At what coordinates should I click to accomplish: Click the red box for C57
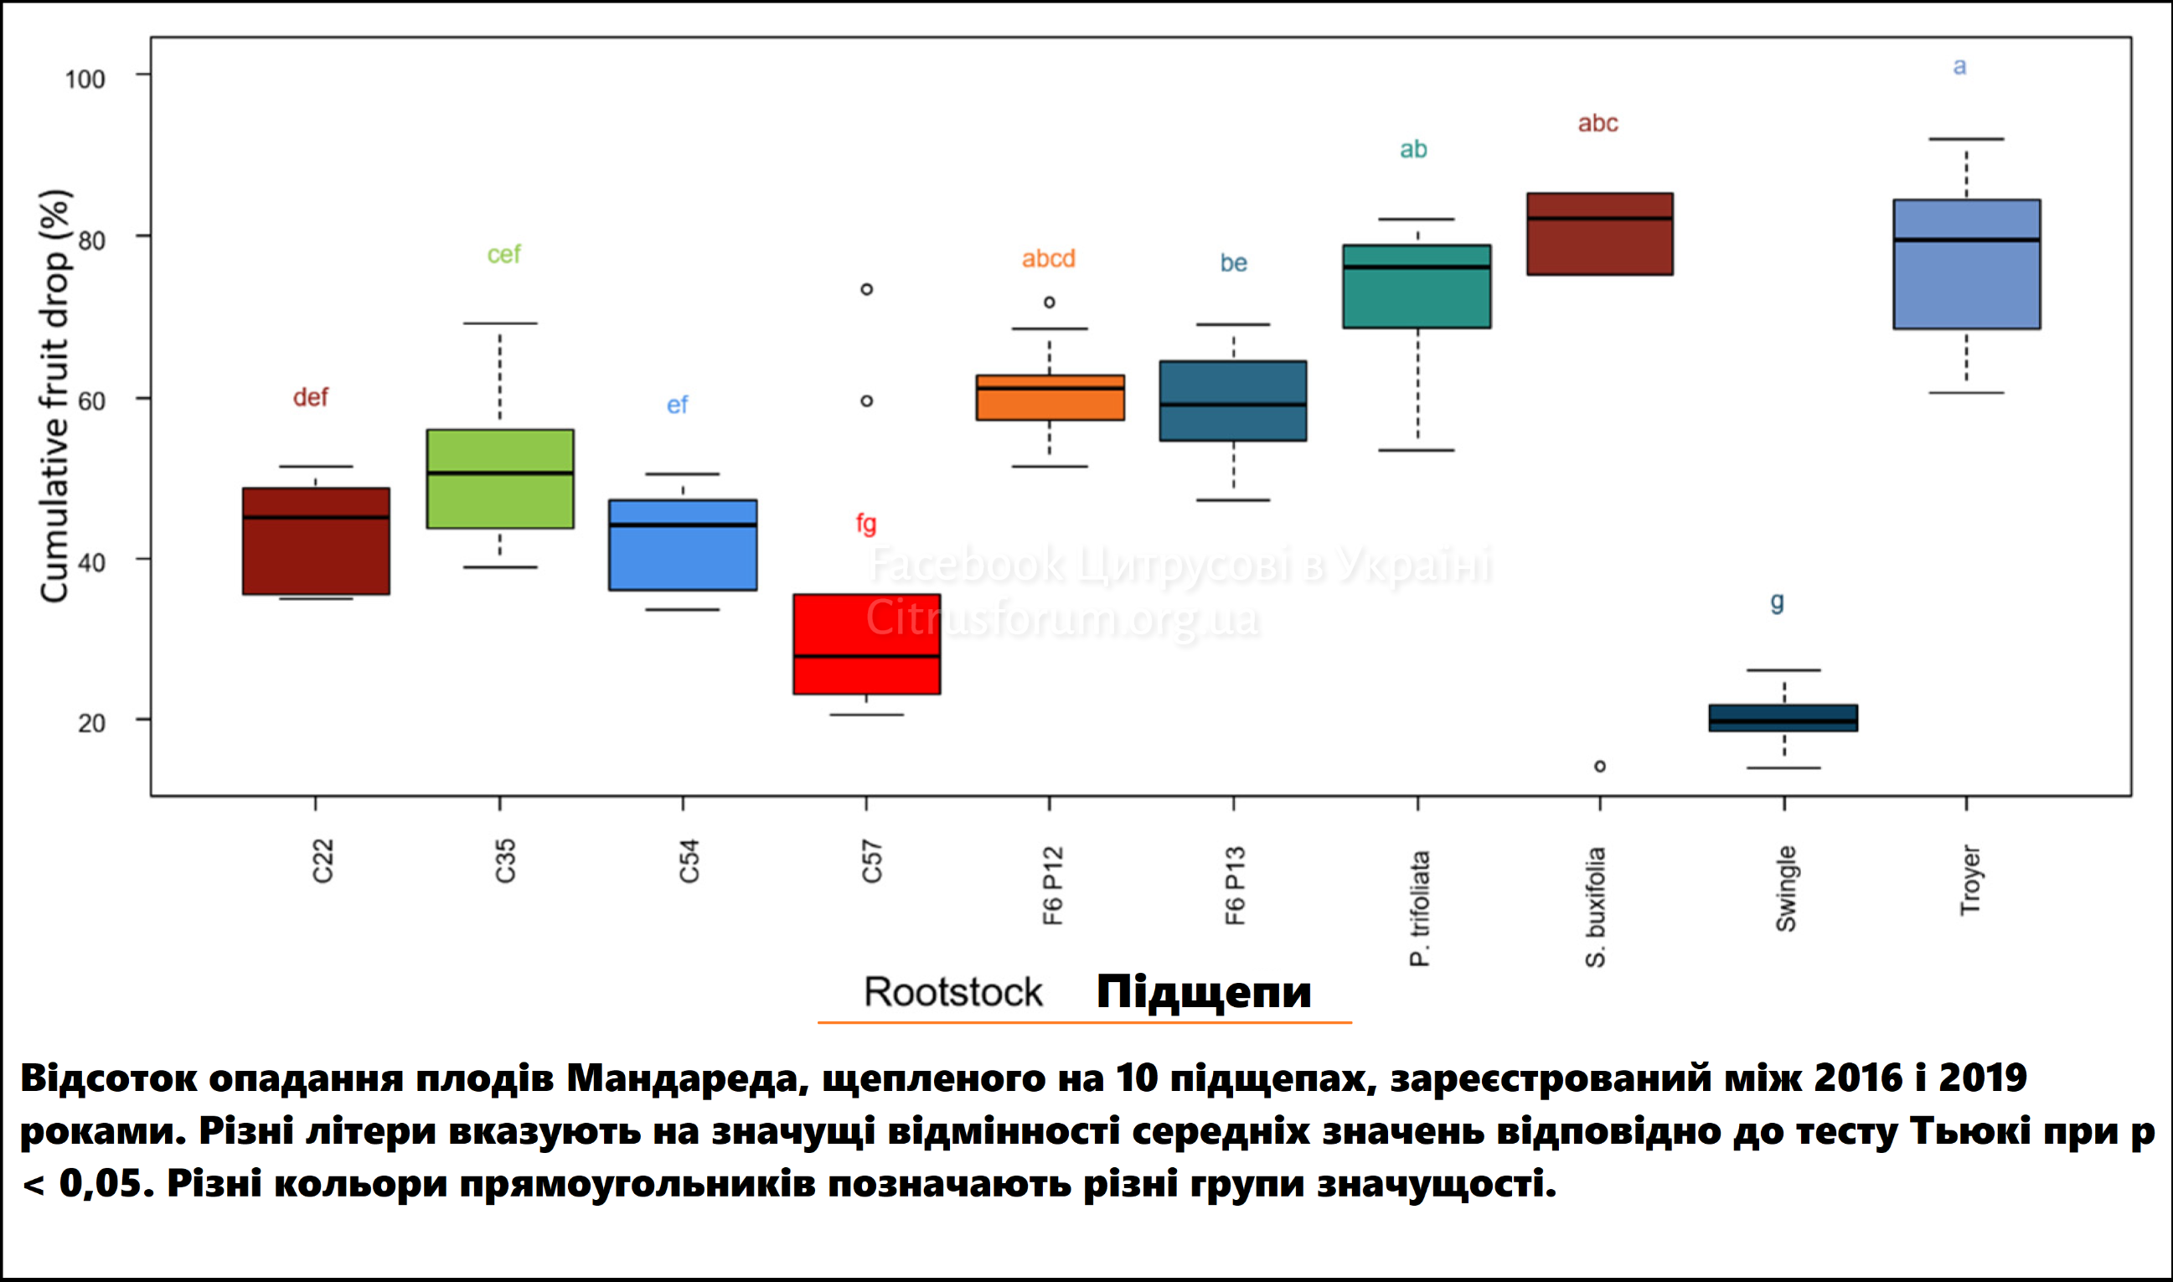point(866,644)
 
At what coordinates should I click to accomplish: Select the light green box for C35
point(500,478)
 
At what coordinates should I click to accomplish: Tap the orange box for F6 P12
point(1050,397)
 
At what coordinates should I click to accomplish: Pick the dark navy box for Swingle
point(1783,718)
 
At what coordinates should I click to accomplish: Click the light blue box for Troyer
point(1967,264)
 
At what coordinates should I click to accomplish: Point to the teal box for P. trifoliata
point(1417,286)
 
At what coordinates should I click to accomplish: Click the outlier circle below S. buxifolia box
point(1599,766)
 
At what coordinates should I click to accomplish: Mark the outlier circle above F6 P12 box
point(1050,302)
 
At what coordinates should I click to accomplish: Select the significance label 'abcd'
point(1049,258)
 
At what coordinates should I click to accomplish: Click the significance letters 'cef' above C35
point(503,254)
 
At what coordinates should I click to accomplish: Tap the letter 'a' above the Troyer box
point(1959,66)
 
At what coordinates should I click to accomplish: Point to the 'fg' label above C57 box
point(866,523)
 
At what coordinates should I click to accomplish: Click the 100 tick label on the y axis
point(85,80)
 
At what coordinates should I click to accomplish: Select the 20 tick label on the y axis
point(91,723)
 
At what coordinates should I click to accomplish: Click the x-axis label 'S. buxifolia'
point(1595,907)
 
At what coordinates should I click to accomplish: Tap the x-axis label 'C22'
point(323,861)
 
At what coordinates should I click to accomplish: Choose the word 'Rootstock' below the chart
point(953,992)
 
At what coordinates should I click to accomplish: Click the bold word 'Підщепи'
point(1204,992)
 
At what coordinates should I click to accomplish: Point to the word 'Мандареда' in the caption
point(687,1078)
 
